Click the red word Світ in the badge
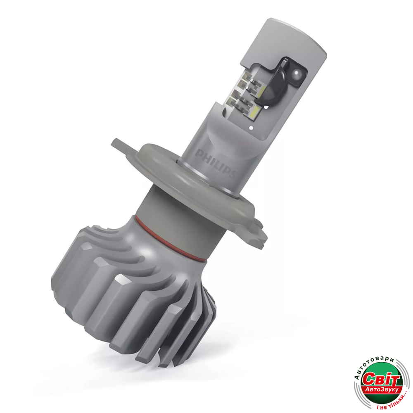(x=381, y=379)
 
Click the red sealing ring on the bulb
(x=169, y=240)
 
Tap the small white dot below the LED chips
(x=251, y=128)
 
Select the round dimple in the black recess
(x=297, y=73)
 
